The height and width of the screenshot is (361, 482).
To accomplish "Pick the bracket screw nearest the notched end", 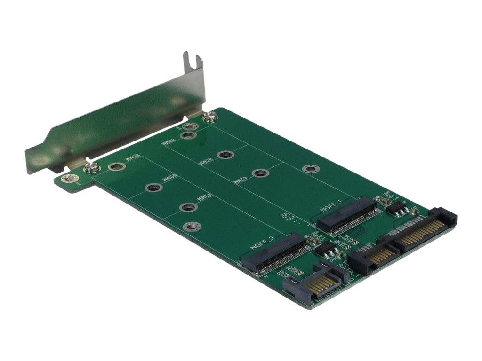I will (x=209, y=116).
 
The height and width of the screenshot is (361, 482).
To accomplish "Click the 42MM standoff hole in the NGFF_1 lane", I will (x=259, y=173).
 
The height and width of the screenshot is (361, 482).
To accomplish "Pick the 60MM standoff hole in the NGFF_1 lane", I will (x=226, y=155).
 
